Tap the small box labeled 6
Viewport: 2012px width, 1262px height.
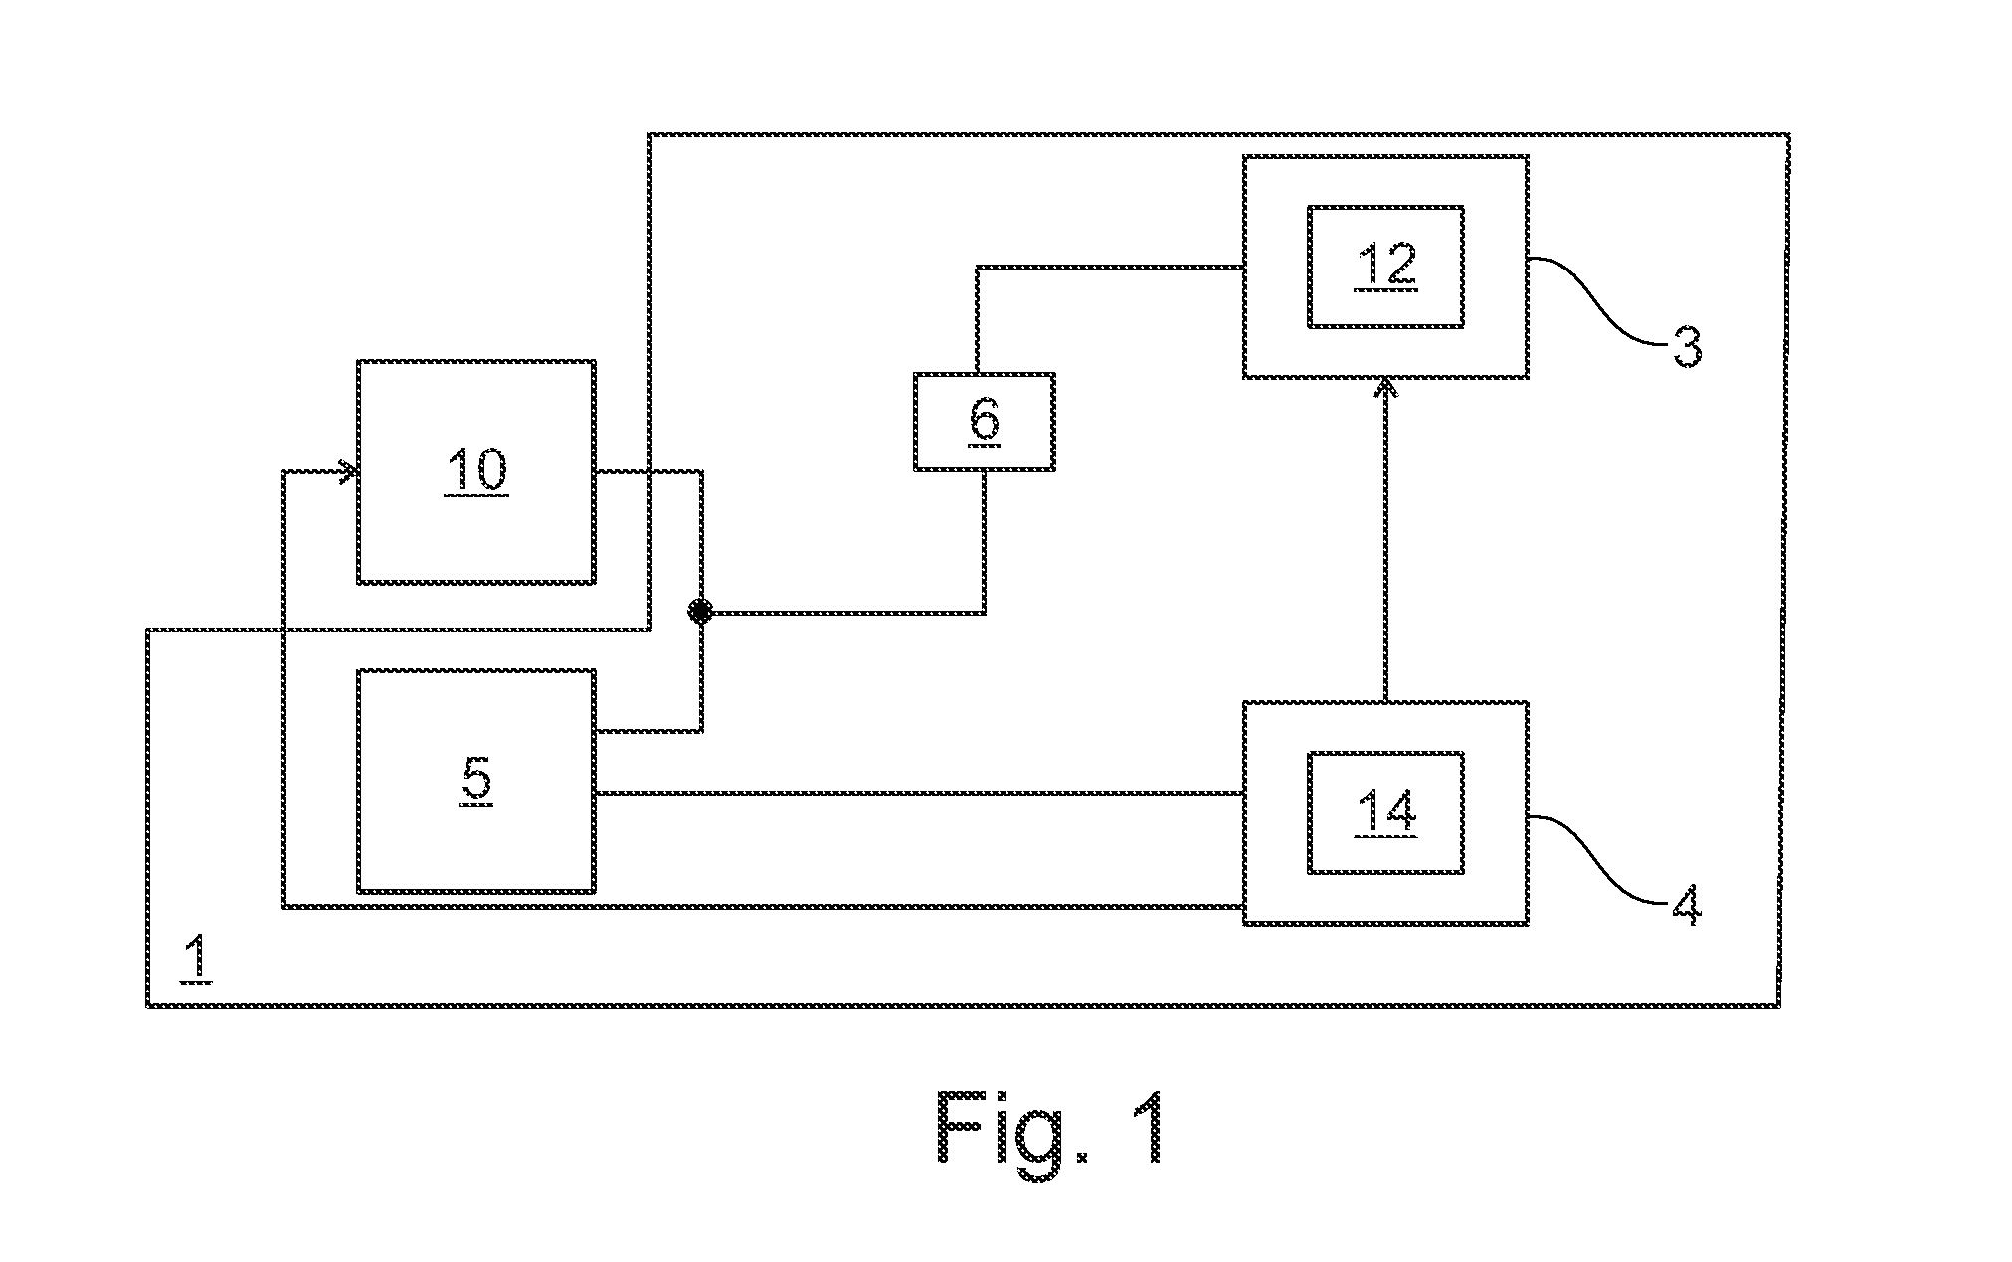tap(984, 422)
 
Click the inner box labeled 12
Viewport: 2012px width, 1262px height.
tap(1384, 267)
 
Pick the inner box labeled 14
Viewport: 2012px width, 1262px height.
tap(1384, 812)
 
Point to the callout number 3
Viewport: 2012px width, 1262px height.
tap(1686, 348)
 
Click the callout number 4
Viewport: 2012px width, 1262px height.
tap(1686, 905)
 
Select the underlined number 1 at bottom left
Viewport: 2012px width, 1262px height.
tap(197, 958)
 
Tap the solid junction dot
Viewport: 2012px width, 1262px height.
tap(701, 612)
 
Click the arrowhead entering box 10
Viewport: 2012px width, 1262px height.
tap(348, 472)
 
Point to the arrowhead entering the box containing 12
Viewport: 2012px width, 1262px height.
tap(1384, 388)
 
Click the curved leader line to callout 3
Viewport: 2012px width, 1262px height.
tap(1598, 300)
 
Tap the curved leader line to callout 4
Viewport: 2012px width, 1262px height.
tap(1598, 859)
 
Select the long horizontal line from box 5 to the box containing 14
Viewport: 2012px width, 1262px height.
tap(919, 793)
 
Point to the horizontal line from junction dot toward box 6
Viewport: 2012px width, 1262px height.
tap(843, 612)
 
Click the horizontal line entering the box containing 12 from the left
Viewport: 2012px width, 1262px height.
tap(1110, 267)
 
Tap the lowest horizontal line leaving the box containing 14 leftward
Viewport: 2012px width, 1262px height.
tap(764, 905)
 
